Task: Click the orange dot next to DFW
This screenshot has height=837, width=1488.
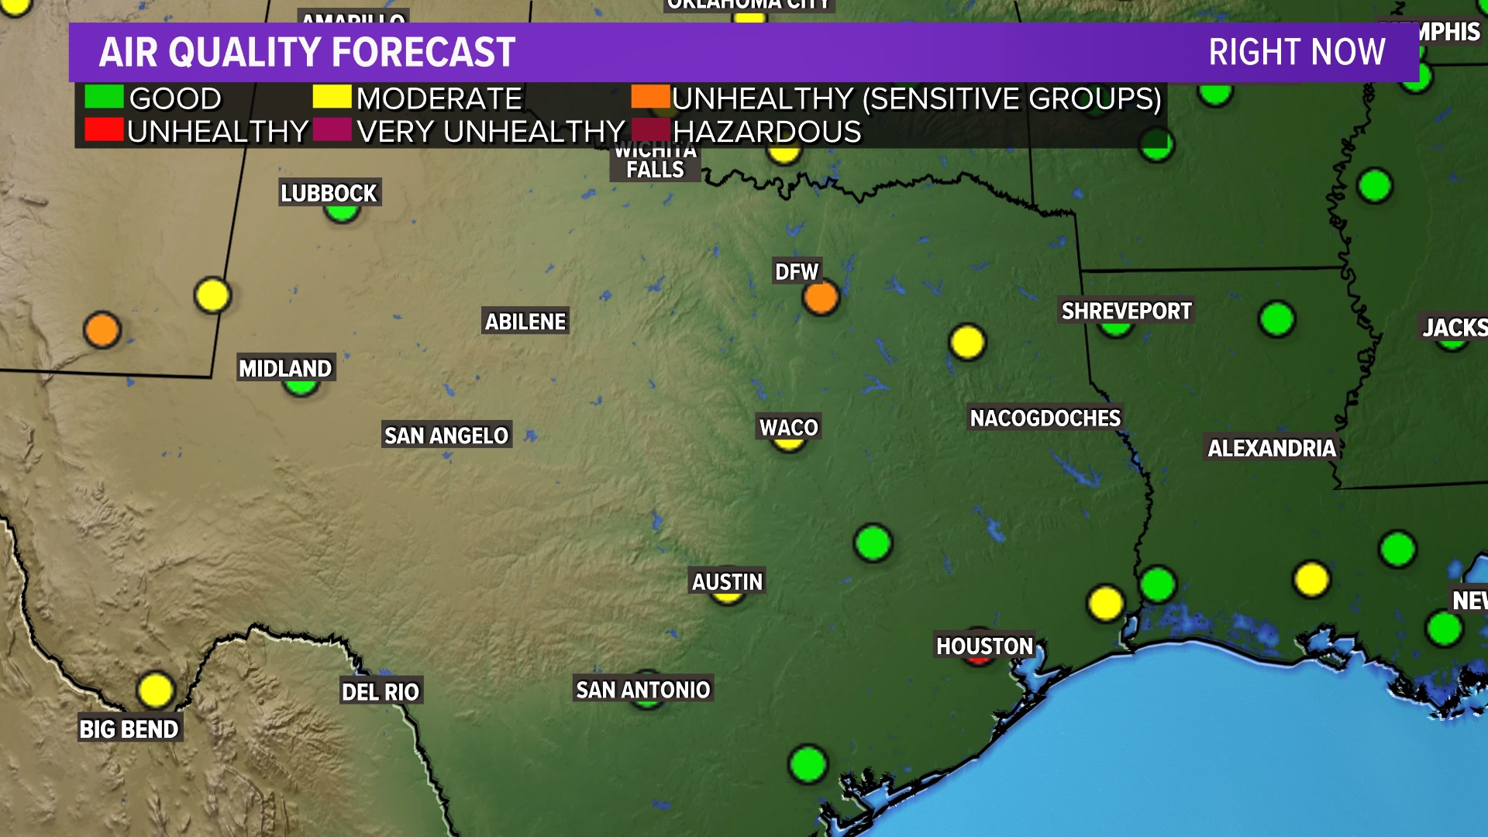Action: tap(821, 298)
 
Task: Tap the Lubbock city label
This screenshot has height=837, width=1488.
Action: tap(329, 193)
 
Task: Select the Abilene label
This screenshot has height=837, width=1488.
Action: tap(525, 322)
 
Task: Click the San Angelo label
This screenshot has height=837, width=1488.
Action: tap(446, 436)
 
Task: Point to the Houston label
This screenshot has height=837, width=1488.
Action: tap(984, 646)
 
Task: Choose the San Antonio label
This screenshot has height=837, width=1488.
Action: tap(642, 690)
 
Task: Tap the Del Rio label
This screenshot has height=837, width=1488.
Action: tap(381, 692)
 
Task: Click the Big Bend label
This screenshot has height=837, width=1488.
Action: tap(129, 729)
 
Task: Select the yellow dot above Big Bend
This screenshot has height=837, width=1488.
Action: tap(155, 690)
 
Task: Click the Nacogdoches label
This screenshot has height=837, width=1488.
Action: tap(1045, 418)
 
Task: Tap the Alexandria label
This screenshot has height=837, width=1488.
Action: tap(1271, 448)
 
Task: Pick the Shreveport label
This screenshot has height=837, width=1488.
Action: tap(1126, 312)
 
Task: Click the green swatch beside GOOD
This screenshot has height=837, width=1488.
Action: tap(103, 97)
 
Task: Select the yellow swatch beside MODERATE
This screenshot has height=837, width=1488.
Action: tap(332, 97)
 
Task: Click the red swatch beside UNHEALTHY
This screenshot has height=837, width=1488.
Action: tap(103, 130)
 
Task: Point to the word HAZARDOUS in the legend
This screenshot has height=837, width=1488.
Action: tap(766, 132)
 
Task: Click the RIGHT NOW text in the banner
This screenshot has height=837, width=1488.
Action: tap(1297, 53)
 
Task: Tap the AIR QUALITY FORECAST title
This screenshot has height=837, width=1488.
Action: tap(307, 53)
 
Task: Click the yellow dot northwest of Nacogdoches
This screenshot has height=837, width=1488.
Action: tap(967, 342)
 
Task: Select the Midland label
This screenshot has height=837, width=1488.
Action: tap(285, 368)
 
